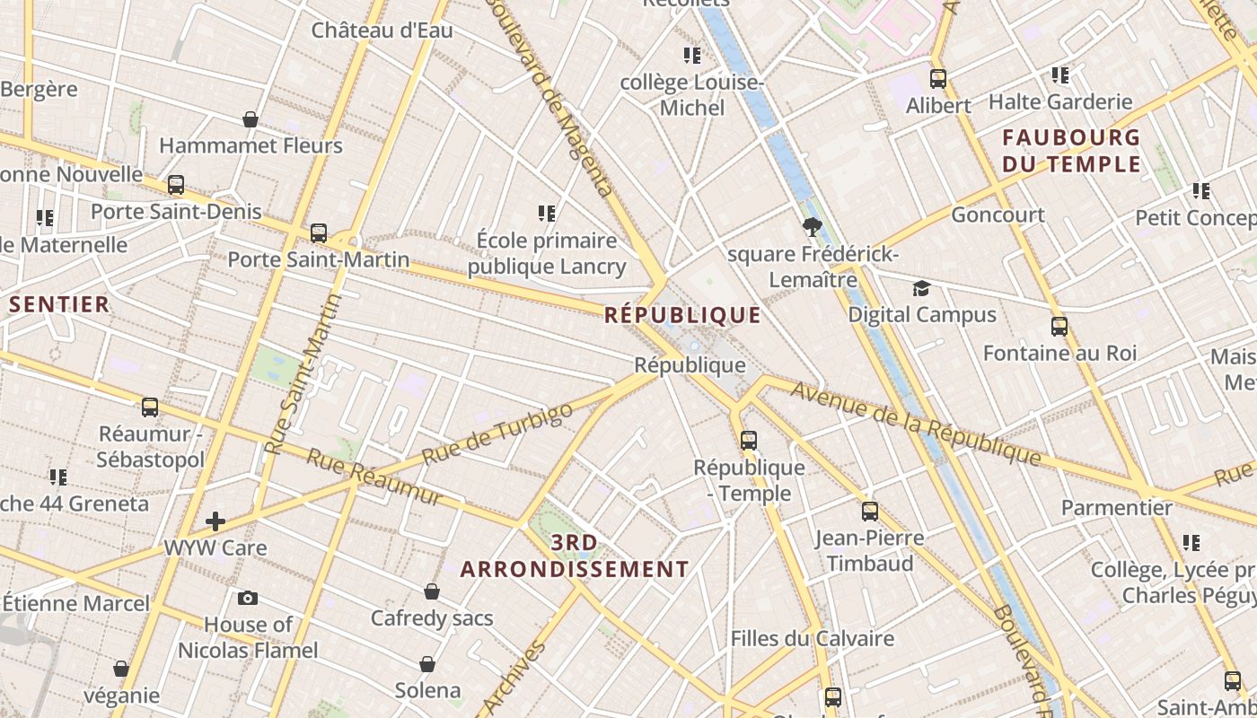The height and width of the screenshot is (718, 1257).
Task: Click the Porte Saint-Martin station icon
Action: tap(319, 233)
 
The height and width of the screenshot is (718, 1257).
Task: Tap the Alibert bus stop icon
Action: tap(938, 79)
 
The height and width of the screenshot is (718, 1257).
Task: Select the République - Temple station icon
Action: tap(749, 441)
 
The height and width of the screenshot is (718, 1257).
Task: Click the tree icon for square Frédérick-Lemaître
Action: tap(813, 227)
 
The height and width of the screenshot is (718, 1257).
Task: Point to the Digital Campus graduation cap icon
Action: tap(921, 288)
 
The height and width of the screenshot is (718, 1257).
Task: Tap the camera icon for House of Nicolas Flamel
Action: tap(248, 598)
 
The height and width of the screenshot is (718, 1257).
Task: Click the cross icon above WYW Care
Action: tap(215, 521)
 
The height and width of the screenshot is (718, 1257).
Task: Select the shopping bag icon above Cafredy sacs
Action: tap(432, 591)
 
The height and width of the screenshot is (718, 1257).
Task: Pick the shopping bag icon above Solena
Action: tap(427, 664)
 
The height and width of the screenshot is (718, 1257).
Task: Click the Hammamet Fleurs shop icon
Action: tap(251, 119)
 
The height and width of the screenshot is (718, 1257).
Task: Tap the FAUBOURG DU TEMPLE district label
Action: tap(1071, 151)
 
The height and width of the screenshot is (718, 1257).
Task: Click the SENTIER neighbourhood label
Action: tap(59, 304)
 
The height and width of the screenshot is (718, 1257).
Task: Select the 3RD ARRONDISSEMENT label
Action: tap(575, 556)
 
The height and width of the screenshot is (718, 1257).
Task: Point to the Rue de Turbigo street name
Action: tap(497, 433)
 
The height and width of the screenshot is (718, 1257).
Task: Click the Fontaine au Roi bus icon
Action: tap(1059, 327)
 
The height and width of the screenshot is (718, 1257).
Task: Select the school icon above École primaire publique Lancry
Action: tap(547, 214)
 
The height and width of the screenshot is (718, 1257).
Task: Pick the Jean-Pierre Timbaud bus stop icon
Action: tap(870, 512)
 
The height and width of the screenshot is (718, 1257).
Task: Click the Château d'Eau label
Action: tap(382, 31)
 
